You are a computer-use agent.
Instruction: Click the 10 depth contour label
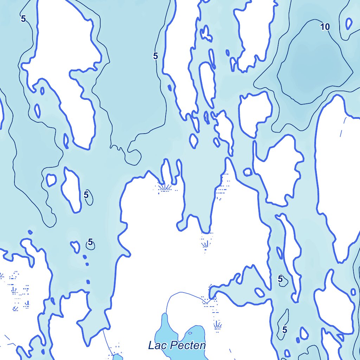pyautogui.click(x=325, y=27)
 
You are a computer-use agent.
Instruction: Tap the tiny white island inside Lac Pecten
pyautogui.click(x=190, y=333)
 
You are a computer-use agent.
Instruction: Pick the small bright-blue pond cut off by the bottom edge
pyautogui.click(x=118, y=357)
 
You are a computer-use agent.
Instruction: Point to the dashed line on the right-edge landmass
pyautogui.click(x=342, y=128)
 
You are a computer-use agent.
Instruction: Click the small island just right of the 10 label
pyautogui.click(x=349, y=24)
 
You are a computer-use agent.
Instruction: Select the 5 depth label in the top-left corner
pyautogui.click(x=23, y=19)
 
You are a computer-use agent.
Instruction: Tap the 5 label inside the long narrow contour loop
pyautogui.click(x=284, y=330)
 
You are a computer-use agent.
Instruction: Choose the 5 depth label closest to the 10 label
pyautogui.click(x=155, y=56)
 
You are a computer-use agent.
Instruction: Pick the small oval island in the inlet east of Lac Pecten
pyautogui.click(x=260, y=292)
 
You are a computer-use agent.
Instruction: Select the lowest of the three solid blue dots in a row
pyautogui.click(x=88, y=282)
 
